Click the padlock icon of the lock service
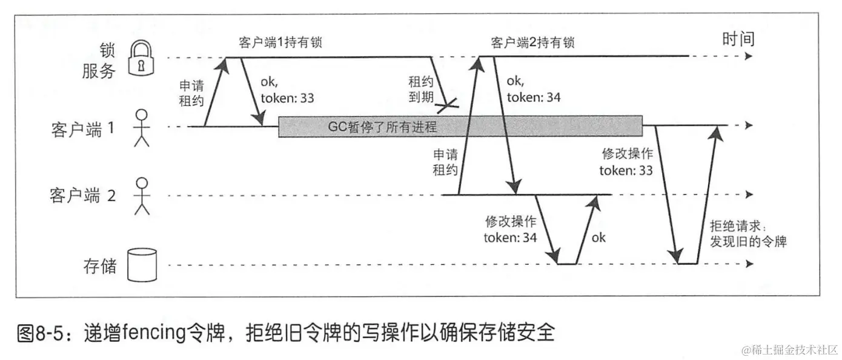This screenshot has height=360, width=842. (x=141, y=58)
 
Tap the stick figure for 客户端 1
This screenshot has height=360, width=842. (x=141, y=128)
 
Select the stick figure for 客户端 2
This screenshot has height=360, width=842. (x=141, y=196)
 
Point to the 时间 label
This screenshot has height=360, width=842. (x=738, y=40)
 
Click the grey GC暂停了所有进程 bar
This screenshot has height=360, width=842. (x=460, y=127)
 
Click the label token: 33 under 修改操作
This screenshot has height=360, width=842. (x=626, y=170)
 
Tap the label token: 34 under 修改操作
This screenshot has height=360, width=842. (x=511, y=237)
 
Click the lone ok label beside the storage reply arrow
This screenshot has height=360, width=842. (x=598, y=237)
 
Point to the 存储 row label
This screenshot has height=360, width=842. (x=99, y=266)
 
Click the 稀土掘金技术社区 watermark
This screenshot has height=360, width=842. (x=787, y=350)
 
